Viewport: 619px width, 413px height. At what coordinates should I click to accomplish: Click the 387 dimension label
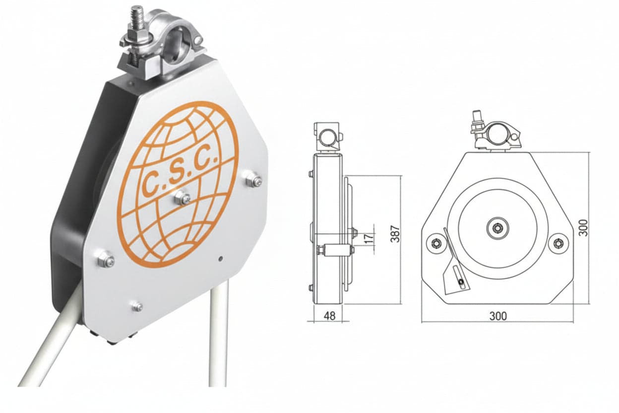396,234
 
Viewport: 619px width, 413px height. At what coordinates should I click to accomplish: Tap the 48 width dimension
329,316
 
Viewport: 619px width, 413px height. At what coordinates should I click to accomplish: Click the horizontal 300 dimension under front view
498,316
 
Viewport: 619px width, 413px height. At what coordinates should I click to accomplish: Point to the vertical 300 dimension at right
583,228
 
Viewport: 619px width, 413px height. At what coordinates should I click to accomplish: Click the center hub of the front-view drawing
497,228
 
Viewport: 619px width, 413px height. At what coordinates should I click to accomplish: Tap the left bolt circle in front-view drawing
436,243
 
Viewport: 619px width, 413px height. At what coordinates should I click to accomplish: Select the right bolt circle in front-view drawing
558,243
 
